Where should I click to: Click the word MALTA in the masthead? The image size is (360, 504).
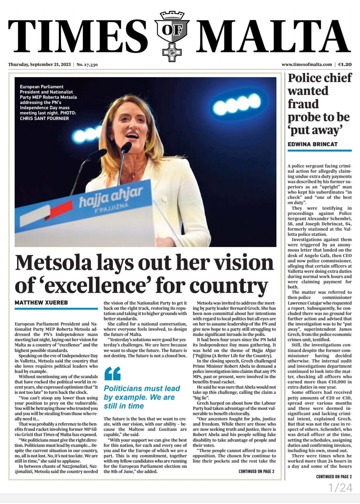tap(275, 36)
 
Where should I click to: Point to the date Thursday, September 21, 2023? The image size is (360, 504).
tap(39, 65)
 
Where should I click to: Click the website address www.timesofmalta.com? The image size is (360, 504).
tap(307, 65)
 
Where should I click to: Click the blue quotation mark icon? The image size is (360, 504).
tap(112, 374)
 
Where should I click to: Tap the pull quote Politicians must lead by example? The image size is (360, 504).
tap(142, 397)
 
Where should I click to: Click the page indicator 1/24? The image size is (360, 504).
tap(340, 488)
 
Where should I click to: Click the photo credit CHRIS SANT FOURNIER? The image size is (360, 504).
tap(44, 118)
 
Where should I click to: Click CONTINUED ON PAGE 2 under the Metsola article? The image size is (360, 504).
tap(256, 472)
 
